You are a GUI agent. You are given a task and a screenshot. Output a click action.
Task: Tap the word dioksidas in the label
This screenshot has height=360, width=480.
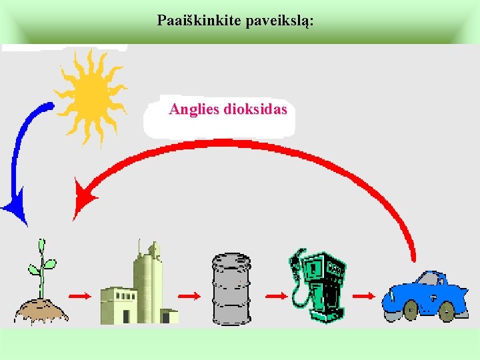(x=256, y=109)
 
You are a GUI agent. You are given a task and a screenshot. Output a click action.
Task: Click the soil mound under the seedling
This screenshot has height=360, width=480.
(x=41, y=309)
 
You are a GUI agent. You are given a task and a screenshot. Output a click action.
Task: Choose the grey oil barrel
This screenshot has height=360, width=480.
(x=231, y=289)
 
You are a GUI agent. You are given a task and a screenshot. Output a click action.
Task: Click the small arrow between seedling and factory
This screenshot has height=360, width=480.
(x=79, y=295)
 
